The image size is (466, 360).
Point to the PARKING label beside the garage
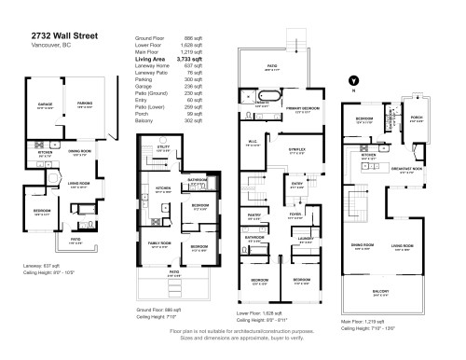click(85, 104)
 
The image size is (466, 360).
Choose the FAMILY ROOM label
click(159, 244)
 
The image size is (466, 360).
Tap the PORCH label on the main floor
click(416, 118)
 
